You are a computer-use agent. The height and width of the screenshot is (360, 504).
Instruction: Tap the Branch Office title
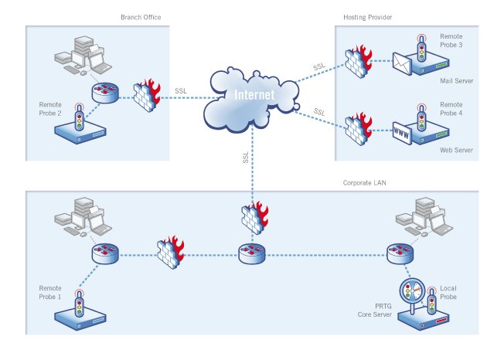139,17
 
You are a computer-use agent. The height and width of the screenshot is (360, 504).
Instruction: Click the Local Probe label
450,292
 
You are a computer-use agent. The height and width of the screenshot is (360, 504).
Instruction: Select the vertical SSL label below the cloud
246,157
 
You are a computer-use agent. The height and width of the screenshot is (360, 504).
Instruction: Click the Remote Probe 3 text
451,41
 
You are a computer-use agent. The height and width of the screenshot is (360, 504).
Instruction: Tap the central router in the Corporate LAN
251,253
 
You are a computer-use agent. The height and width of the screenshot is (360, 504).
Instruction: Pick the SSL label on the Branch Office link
181,90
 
